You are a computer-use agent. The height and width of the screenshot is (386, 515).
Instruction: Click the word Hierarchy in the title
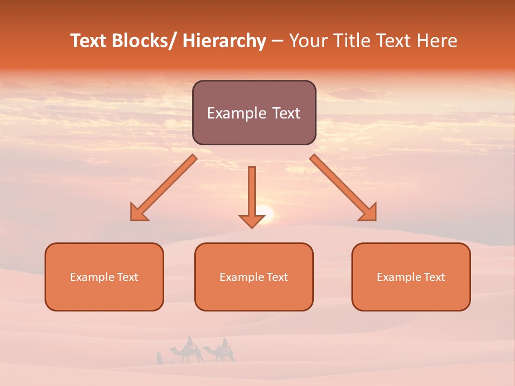(x=224, y=41)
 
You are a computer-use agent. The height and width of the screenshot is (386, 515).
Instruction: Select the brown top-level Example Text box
(x=254, y=113)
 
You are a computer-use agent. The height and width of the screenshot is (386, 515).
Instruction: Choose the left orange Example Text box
(x=104, y=277)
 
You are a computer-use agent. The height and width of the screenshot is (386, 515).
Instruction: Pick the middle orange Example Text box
(x=254, y=277)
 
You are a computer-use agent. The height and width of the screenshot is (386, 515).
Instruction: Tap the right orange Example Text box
(x=411, y=277)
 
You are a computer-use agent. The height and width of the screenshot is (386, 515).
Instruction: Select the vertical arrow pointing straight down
(x=252, y=196)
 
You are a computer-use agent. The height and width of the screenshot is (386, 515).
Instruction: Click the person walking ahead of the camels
(x=159, y=358)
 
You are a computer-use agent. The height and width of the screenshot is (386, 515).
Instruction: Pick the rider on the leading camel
(x=189, y=342)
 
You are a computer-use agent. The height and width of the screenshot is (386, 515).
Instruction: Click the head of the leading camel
(x=172, y=350)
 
